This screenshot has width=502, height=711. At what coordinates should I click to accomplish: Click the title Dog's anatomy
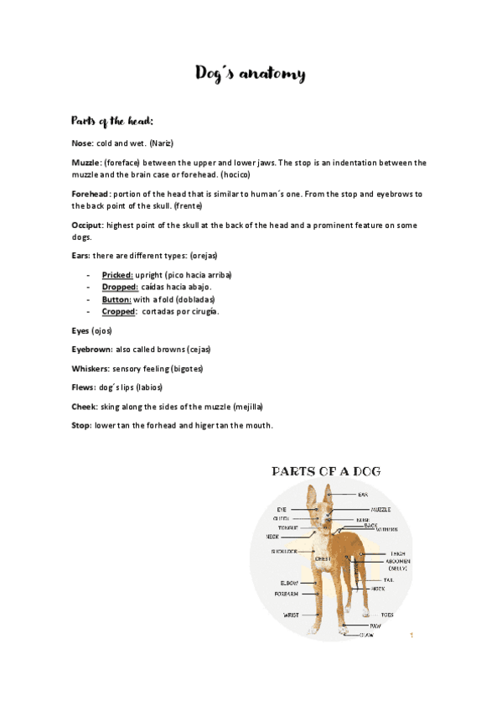coord(251,74)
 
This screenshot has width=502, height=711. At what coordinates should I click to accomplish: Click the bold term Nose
coord(82,143)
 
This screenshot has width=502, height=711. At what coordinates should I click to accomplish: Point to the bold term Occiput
coord(87,226)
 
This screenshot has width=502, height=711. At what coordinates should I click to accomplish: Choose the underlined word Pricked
coord(117,274)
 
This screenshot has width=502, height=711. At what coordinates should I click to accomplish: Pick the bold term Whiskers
coord(92,368)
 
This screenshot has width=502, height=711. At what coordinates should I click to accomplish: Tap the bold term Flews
coord(84,387)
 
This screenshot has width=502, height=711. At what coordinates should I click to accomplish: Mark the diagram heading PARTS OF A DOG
coord(327,471)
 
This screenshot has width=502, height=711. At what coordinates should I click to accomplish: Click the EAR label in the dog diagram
coord(363,495)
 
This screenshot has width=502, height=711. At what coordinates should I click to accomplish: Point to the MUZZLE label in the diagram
coord(380,509)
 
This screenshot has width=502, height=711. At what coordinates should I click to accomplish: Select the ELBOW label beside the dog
coord(289,583)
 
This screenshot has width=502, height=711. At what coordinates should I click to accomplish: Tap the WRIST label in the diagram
coord(291,615)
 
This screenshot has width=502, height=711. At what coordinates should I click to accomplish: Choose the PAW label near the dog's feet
coord(375,625)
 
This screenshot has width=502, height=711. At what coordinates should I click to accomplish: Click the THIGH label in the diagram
coord(397,554)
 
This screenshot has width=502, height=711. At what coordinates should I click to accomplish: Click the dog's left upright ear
coord(313,496)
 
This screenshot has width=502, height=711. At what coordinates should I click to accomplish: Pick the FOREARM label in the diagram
coord(287,594)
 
